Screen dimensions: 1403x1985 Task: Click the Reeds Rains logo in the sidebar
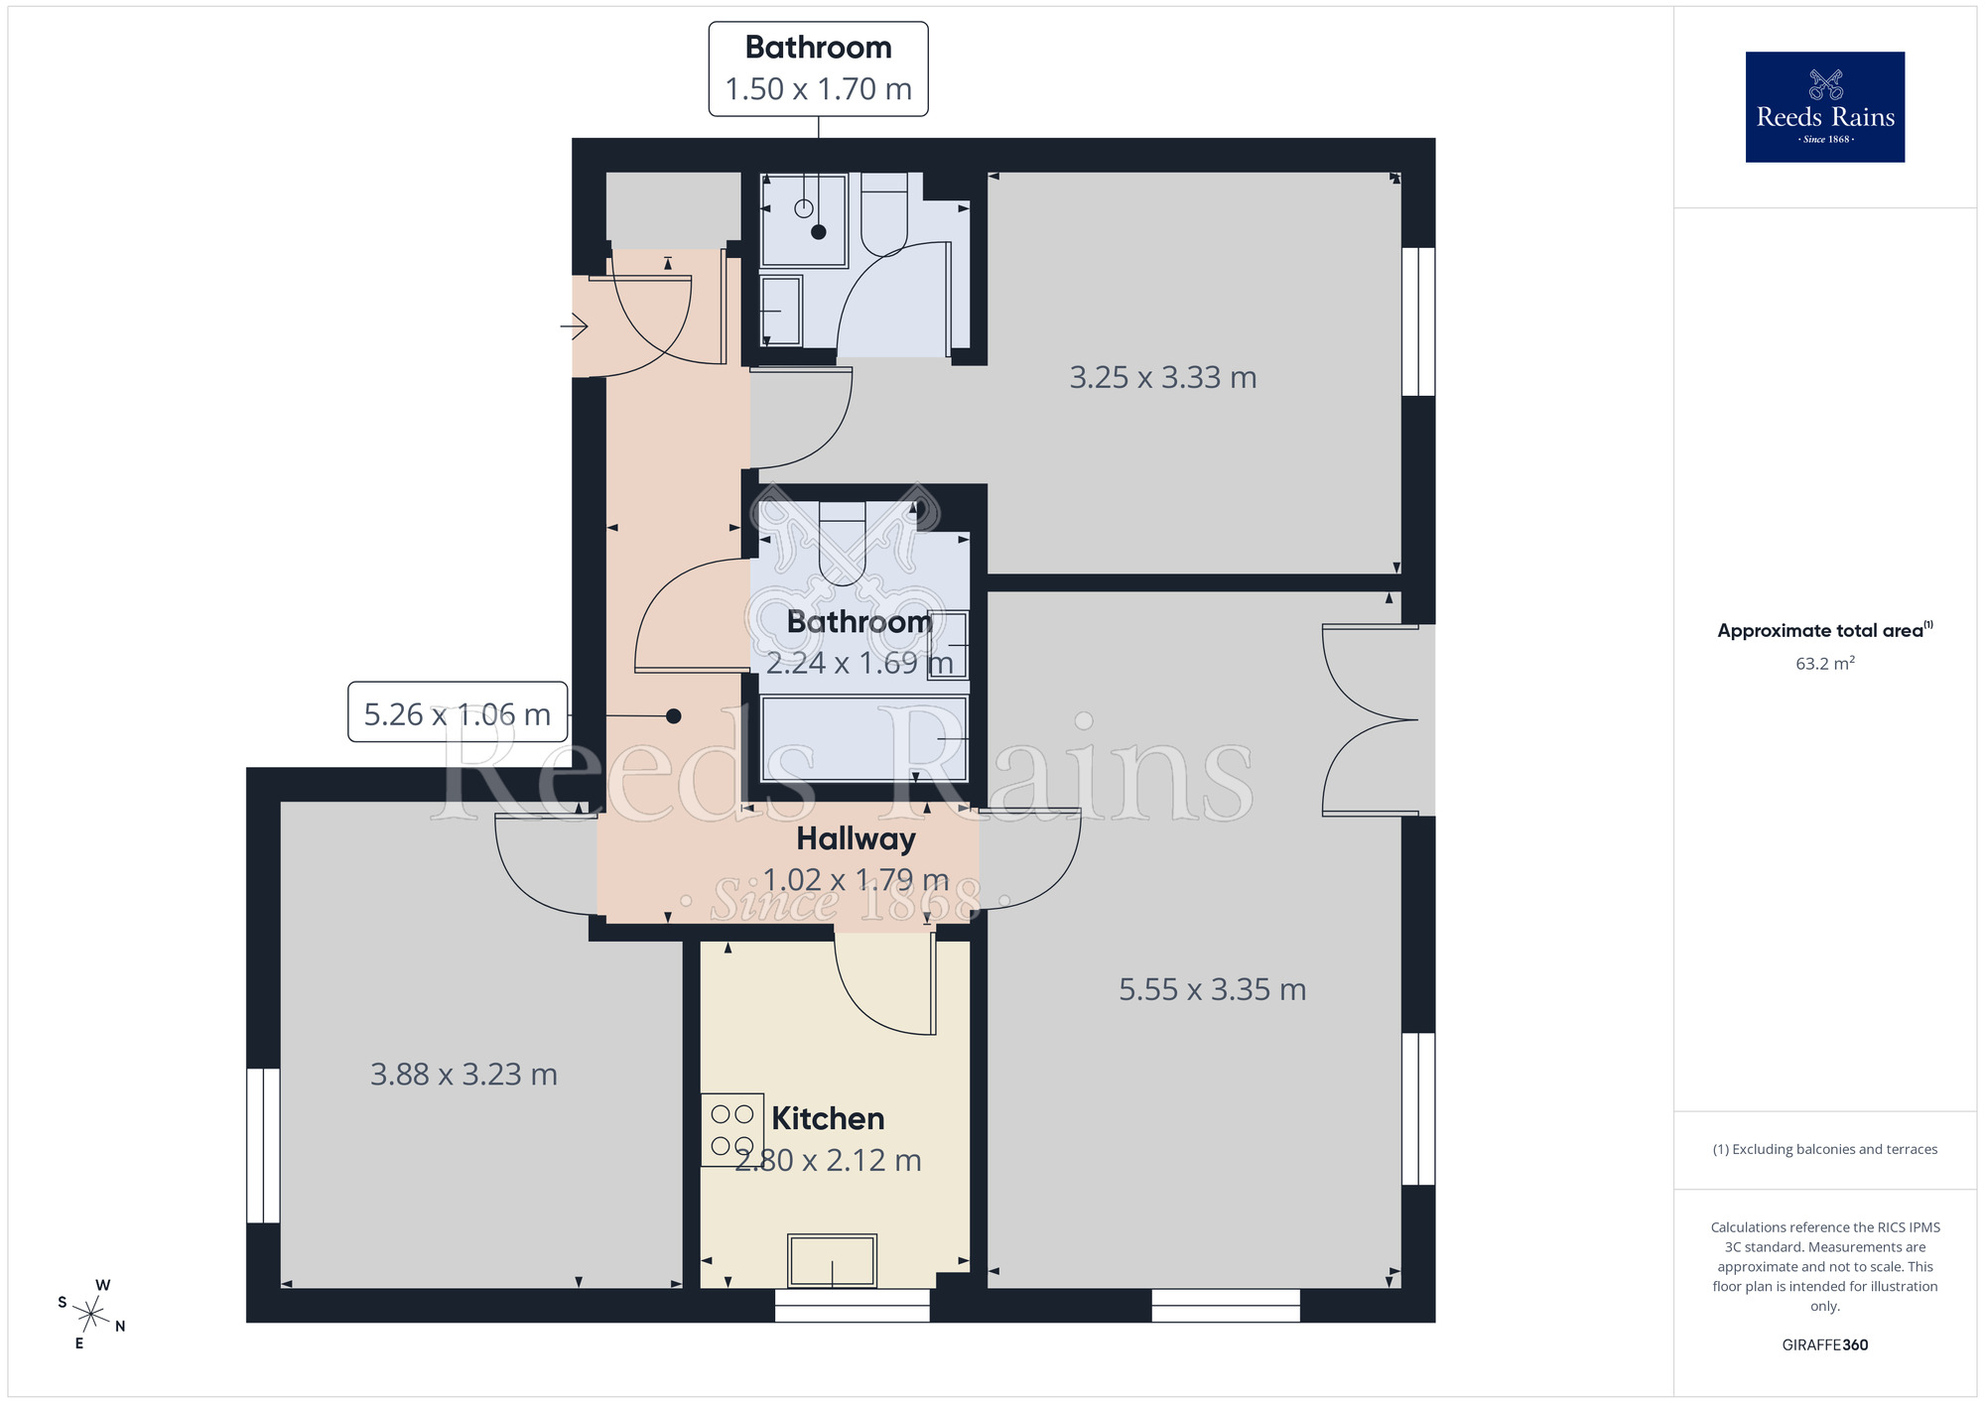point(1824,107)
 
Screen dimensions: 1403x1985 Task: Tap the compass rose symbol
point(91,1315)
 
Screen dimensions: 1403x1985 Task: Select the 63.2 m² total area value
point(1824,664)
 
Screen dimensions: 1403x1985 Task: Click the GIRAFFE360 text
point(1824,1344)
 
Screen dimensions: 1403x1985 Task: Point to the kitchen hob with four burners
point(732,1130)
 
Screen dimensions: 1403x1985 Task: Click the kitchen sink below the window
point(832,1260)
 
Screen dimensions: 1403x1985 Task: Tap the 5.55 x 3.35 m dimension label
point(1212,989)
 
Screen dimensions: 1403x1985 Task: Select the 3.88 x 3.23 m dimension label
point(463,1075)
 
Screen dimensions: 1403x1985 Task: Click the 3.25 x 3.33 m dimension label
point(1162,378)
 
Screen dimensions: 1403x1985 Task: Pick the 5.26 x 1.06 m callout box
point(458,712)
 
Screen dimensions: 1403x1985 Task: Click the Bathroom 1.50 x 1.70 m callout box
point(818,69)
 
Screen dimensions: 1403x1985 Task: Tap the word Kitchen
point(828,1119)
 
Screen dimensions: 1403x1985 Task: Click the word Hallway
point(856,839)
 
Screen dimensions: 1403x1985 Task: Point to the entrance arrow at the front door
point(575,325)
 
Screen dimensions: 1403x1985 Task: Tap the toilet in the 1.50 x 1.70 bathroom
point(883,213)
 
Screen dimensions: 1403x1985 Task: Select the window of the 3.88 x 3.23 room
point(263,1145)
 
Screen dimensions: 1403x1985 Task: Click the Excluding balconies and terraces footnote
point(1824,1149)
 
